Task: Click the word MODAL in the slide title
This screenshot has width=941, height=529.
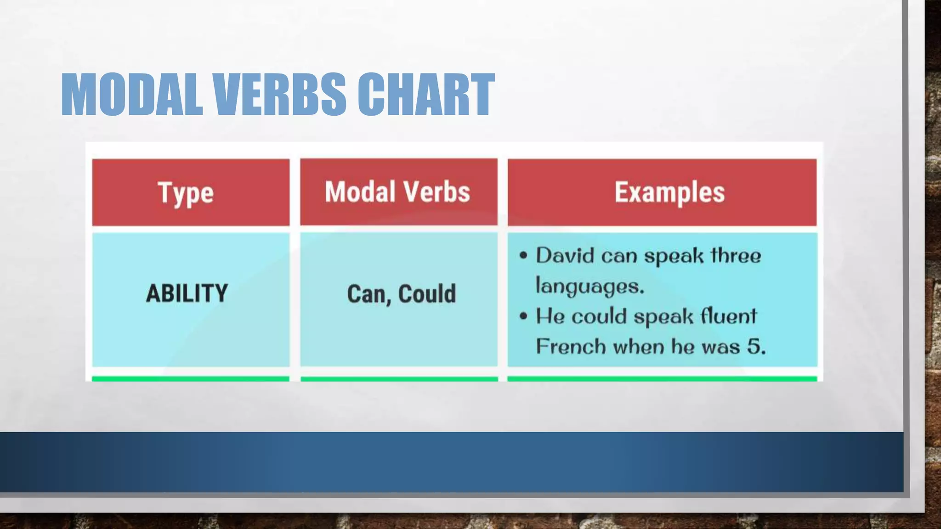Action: pyautogui.click(x=132, y=95)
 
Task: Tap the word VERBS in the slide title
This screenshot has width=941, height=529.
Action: pyautogui.click(x=279, y=95)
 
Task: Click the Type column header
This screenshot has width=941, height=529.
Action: pyautogui.click(x=186, y=193)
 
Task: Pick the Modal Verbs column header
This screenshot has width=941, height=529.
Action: pyautogui.click(x=398, y=192)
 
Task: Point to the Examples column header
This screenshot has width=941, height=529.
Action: pyautogui.click(x=669, y=192)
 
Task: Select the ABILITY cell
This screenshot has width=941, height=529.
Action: pyautogui.click(x=187, y=293)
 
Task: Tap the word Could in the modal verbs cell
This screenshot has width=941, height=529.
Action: pyautogui.click(x=427, y=294)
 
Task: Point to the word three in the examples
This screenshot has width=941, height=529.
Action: pyautogui.click(x=736, y=256)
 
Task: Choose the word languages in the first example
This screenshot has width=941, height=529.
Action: pyautogui.click(x=590, y=286)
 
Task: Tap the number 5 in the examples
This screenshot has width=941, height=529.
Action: pyautogui.click(x=754, y=347)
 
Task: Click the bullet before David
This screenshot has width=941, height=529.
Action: pyautogui.click(x=523, y=256)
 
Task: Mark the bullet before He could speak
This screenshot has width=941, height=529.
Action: pyautogui.click(x=523, y=316)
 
